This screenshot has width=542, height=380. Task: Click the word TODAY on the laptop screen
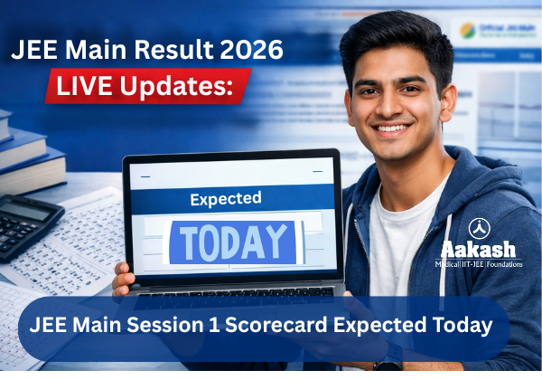pos(230,242)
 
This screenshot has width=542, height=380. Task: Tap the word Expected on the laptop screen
pos(225,197)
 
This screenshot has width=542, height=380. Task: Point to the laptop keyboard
pos(230,292)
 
